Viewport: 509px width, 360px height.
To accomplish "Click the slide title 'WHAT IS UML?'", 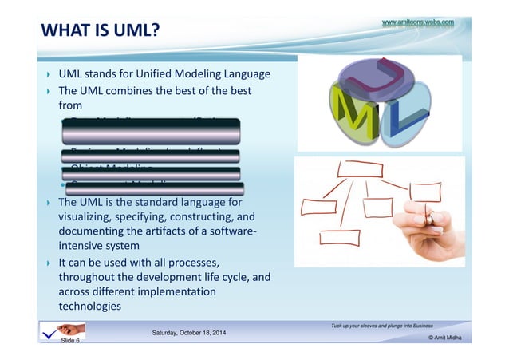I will point(100,31).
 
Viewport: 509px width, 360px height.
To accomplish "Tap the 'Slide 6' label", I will point(69,341).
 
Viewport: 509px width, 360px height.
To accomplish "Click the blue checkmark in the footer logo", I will point(53,330).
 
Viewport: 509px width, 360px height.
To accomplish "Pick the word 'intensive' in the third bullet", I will point(83,246).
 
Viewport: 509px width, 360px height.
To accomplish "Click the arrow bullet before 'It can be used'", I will point(48,262).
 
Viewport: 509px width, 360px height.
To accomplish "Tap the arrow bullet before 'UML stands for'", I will point(48,75).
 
